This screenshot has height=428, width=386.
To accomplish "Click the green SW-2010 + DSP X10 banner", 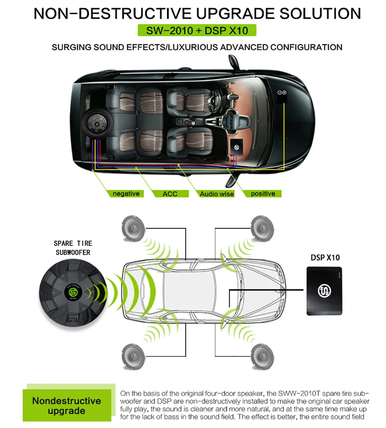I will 197,30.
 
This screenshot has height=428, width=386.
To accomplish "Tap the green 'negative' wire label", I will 125,194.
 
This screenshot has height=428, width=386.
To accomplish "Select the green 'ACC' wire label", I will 170,194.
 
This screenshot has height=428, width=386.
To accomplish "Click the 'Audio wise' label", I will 217,194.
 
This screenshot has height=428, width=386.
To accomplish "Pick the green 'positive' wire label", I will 263,194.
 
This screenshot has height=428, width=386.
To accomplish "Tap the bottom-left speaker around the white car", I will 134,355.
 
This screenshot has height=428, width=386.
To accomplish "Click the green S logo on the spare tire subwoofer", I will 71,292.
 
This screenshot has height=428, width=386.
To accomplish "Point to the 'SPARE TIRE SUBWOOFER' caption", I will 73,248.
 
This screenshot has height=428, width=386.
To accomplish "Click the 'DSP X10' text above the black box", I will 325,257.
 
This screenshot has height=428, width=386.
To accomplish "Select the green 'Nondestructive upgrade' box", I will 66,406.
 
